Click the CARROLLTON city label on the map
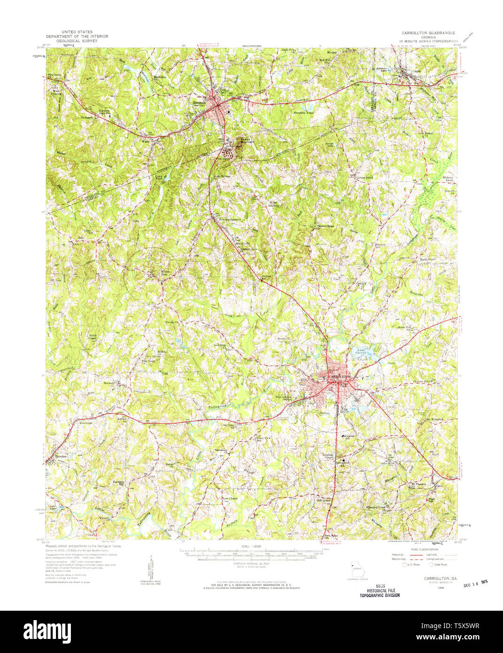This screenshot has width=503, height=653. point(340,377)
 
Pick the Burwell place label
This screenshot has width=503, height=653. point(109,383)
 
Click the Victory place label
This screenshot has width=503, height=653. point(104,518)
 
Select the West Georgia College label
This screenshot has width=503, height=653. point(286,398)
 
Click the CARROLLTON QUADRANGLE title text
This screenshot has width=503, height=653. point(427,33)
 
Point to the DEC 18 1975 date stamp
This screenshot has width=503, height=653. point(475,583)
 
